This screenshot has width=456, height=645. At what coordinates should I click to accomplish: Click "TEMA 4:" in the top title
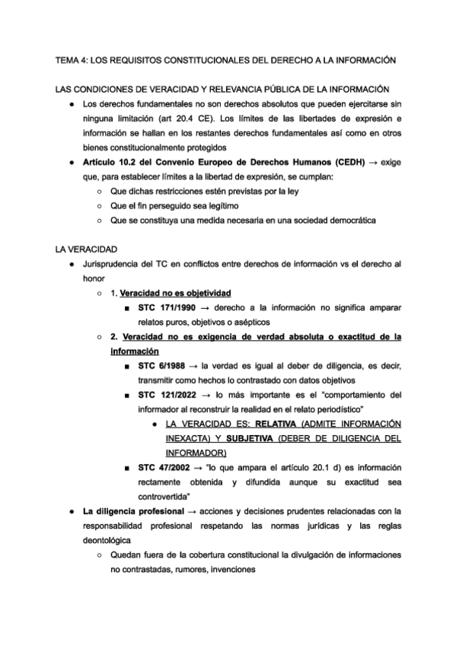(x=72, y=59)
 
